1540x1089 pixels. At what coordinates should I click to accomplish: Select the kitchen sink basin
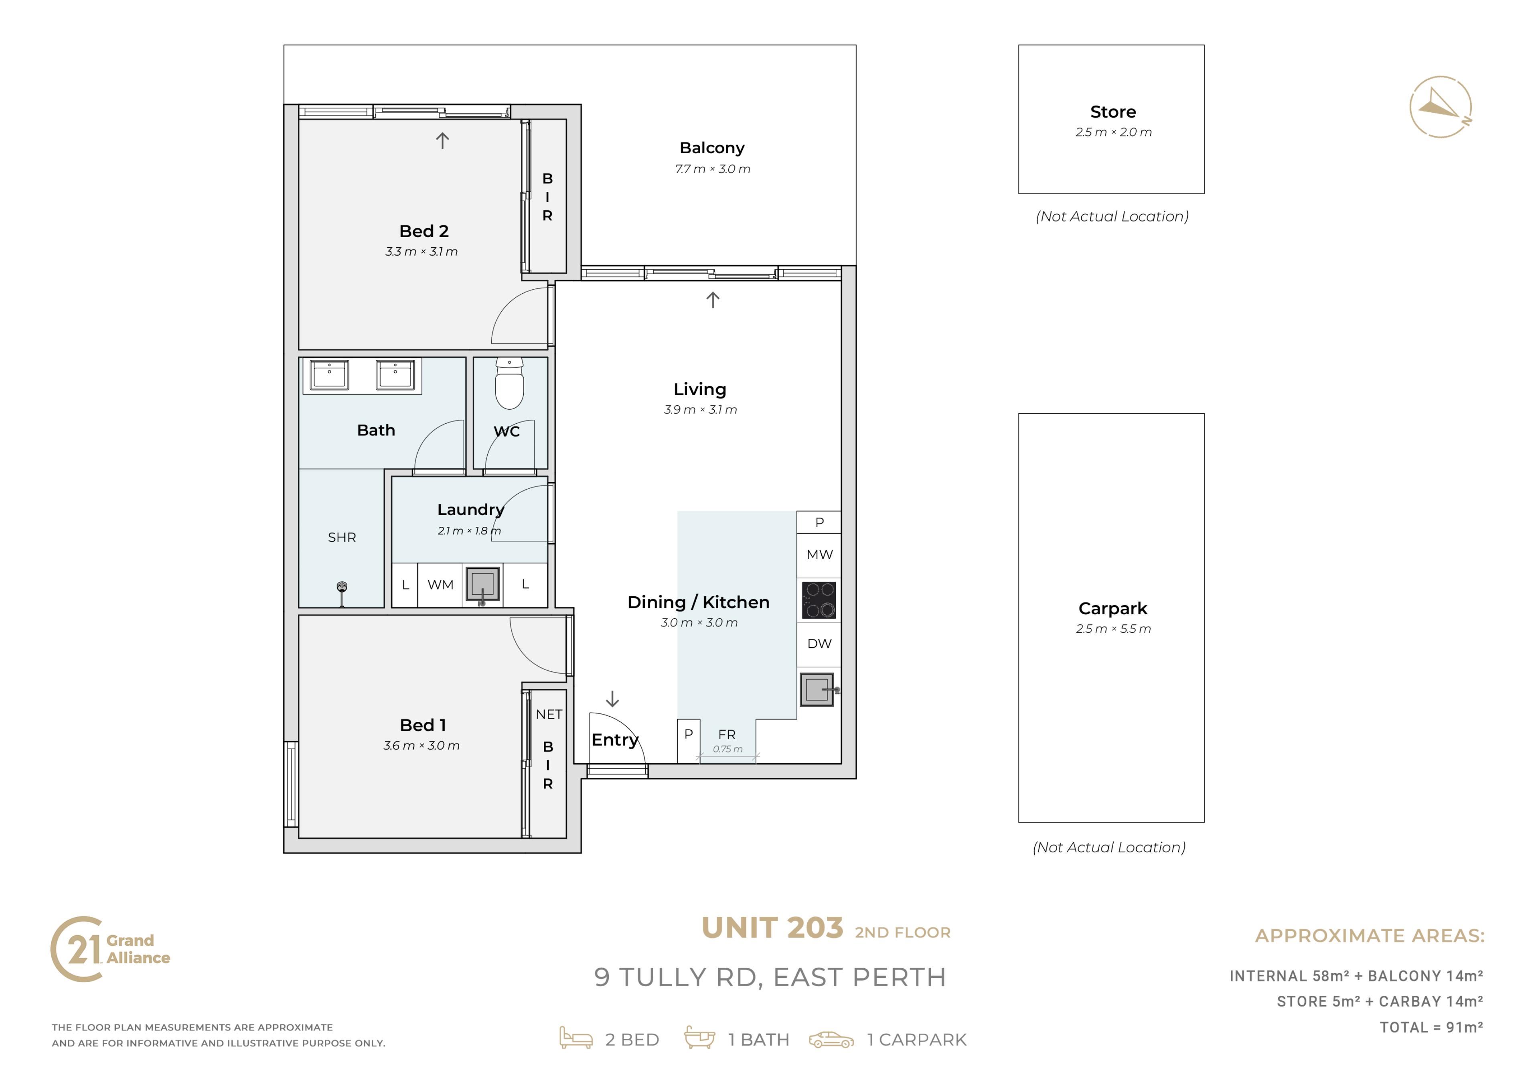click(x=817, y=690)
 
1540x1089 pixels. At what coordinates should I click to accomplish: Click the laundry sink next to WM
click(x=483, y=584)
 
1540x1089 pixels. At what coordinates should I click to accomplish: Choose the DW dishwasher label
click(x=820, y=644)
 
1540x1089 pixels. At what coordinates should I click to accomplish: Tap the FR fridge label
click(x=727, y=735)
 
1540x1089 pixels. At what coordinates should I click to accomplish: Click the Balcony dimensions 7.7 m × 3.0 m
click(x=713, y=169)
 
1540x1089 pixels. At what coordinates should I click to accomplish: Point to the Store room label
click(x=1113, y=112)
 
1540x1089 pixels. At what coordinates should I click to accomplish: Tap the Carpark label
click(x=1113, y=609)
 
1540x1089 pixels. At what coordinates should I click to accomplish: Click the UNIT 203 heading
click(x=772, y=928)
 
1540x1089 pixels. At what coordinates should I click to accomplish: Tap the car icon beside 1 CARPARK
click(x=831, y=1040)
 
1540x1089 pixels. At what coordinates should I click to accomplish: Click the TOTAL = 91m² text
click(x=1431, y=1027)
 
